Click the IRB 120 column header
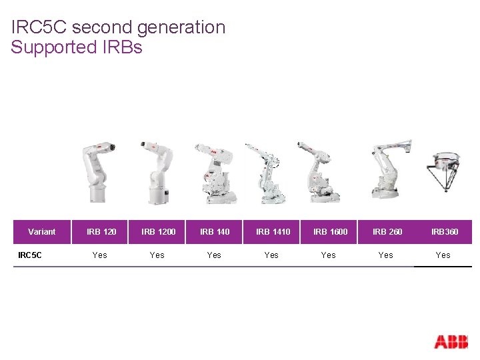[101, 232]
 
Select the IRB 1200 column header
[159, 232]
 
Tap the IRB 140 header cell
[215, 232]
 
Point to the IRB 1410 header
[273, 232]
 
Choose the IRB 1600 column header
[330, 232]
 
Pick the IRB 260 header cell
[387, 232]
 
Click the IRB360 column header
[444, 232]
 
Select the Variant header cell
[42, 232]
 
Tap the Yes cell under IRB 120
[100, 255]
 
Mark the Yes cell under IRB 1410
[271, 255]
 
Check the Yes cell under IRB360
[443, 255]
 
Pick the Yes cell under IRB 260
[385, 255]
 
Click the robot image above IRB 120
[97, 171]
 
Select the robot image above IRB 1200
[155, 171]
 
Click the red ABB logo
[451, 341]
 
